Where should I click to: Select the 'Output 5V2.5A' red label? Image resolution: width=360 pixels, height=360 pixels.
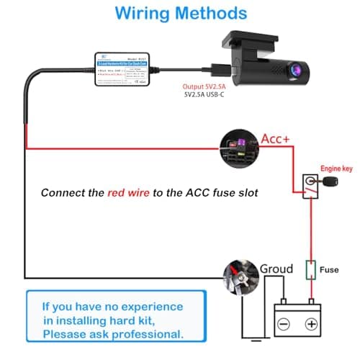(x=207, y=86)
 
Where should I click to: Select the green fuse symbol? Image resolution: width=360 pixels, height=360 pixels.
(x=311, y=270)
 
